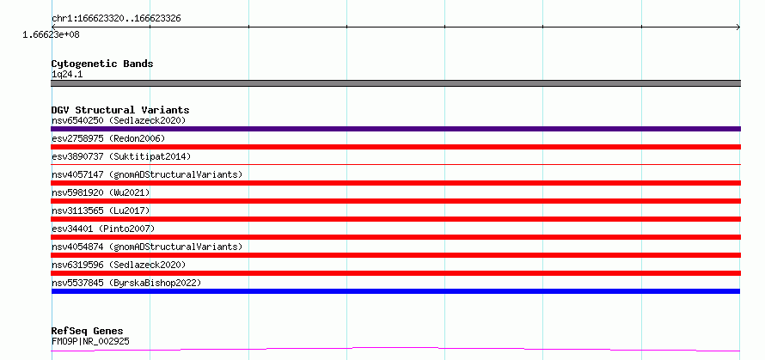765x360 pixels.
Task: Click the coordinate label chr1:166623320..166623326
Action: coord(116,19)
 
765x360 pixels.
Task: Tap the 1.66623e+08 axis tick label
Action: coord(51,34)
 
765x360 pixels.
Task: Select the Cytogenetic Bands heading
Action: coord(102,64)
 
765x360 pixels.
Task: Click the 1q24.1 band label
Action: coord(67,75)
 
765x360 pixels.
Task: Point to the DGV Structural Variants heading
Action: coord(120,110)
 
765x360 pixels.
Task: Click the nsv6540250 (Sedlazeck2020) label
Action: coord(119,120)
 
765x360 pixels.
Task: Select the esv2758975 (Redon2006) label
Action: coord(108,138)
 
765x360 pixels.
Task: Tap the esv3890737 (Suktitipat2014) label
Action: coord(121,156)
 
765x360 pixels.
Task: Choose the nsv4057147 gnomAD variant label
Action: coord(147,174)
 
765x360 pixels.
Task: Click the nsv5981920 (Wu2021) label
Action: coord(101,192)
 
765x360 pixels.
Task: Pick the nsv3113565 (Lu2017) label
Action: coord(101,211)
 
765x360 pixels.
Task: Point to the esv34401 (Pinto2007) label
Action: coord(103,229)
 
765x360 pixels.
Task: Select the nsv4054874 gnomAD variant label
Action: coord(147,247)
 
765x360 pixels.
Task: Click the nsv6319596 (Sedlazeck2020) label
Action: coord(119,265)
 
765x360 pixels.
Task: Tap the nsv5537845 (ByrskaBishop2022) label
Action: coord(126,283)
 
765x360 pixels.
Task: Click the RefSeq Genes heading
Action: coord(88,332)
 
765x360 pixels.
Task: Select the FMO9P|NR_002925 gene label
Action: coord(90,341)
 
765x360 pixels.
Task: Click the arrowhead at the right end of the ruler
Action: coord(738,27)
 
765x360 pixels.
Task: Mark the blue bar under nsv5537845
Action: coord(395,291)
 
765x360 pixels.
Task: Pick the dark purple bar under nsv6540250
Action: coord(395,129)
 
